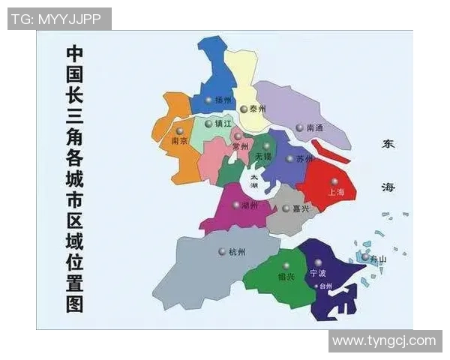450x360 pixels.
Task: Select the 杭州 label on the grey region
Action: [x=236, y=252]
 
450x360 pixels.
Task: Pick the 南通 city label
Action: [x=315, y=128]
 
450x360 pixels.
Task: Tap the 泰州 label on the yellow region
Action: [x=258, y=109]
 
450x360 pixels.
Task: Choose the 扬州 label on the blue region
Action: [x=223, y=100]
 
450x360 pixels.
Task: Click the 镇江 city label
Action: [x=223, y=124]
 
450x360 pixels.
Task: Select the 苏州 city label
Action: [x=304, y=159]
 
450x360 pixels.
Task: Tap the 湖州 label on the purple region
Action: [x=250, y=205]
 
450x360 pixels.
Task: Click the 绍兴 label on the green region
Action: [x=285, y=277]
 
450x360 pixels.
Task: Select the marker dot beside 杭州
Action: [x=222, y=252]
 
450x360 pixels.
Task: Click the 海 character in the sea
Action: [x=388, y=187]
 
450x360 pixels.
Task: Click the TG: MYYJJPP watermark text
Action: [x=59, y=19]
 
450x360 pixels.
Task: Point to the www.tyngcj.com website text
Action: [x=384, y=341]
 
